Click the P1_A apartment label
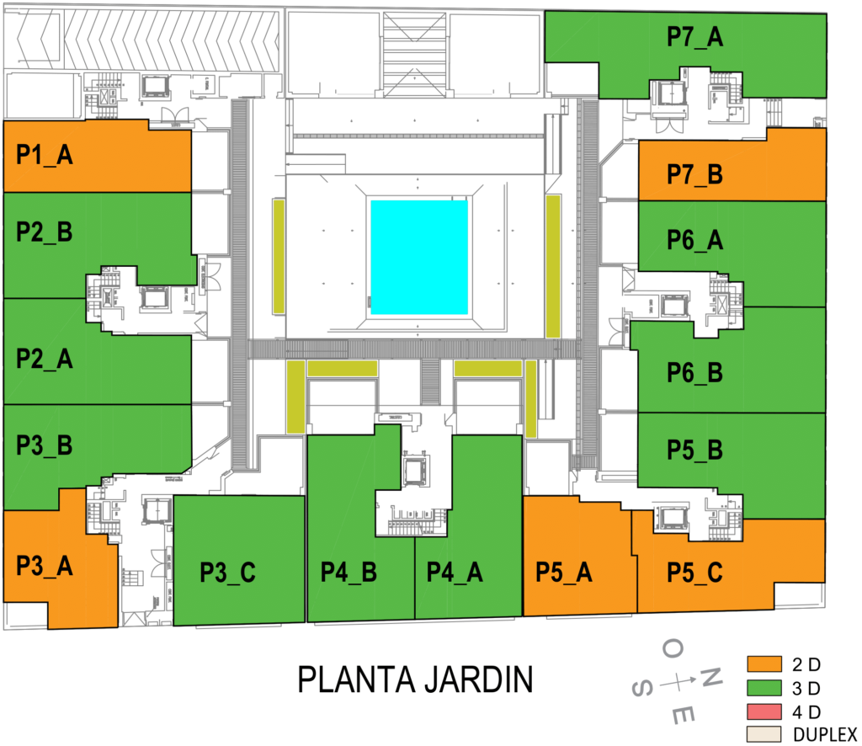click(45, 156)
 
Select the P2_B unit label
click(45, 233)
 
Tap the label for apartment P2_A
click(45, 360)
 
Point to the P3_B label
click(45, 446)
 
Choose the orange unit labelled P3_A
click(45, 566)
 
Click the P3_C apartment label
click(227, 572)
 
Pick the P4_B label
click(349, 572)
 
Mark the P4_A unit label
click(455, 572)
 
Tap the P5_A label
click(564, 572)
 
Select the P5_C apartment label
click(694, 572)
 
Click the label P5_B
click(694, 450)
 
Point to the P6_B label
click(694, 372)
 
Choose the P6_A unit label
click(694, 241)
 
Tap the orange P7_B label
click(694, 175)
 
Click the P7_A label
click(694, 37)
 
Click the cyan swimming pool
click(419, 257)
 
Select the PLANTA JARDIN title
click(415, 679)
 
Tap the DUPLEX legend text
click(825, 733)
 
